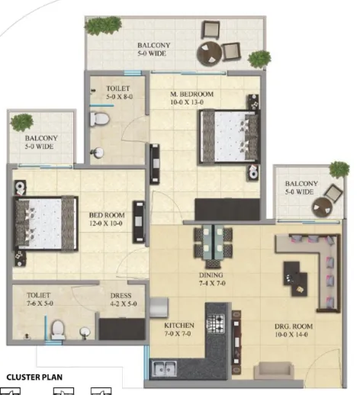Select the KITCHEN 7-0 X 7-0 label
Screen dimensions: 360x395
tap(179, 329)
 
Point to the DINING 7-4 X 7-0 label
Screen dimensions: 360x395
tap(211, 279)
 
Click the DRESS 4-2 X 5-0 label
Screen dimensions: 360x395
tap(124, 300)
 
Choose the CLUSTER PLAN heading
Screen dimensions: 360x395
tap(34, 377)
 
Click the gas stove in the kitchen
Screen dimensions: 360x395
tap(216, 323)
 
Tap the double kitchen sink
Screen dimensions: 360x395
tap(164, 368)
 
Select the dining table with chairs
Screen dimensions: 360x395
tap(213, 246)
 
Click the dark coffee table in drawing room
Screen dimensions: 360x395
tap(295, 278)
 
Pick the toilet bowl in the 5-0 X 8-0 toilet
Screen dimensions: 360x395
tap(100, 118)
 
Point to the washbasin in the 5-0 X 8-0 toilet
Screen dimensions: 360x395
tap(98, 153)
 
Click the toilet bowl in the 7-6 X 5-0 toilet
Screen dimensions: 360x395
tap(58, 329)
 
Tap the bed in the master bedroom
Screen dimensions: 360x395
tap(230, 136)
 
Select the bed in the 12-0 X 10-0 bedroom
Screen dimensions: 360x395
tap(46, 223)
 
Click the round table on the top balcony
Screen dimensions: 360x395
tap(209, 54)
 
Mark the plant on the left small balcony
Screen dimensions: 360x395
tap(22, 123)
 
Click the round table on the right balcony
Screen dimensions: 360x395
tap(322, 207)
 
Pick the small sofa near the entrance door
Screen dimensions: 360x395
tap(274, 371)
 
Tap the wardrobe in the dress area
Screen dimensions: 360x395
tap(122, 329)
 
